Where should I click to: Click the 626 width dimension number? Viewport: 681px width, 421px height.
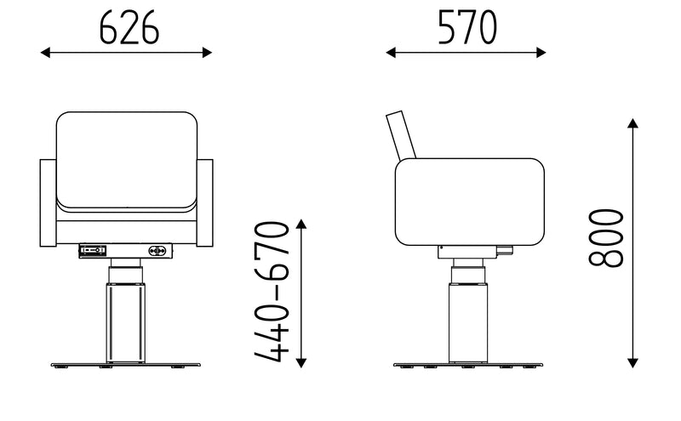click(x=129, y=28)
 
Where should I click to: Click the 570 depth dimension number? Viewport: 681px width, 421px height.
click(x=466, y=27)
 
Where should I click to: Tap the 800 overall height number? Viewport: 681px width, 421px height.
click(x=606, y=237)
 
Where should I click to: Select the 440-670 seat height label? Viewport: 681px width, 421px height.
click(x=272, y=292)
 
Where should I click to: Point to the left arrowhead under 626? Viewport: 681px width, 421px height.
click(x=45, y=53)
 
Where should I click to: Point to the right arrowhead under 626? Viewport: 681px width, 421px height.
click(x=207, y=53)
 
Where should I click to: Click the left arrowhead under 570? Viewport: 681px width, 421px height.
click(x=391, y=53)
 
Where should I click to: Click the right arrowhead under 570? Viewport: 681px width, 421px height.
click(x=541, y=53)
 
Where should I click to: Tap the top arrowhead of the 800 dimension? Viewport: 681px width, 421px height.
click(x=632, y=123)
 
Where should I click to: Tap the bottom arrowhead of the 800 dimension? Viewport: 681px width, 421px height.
click(x=632, y=363)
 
